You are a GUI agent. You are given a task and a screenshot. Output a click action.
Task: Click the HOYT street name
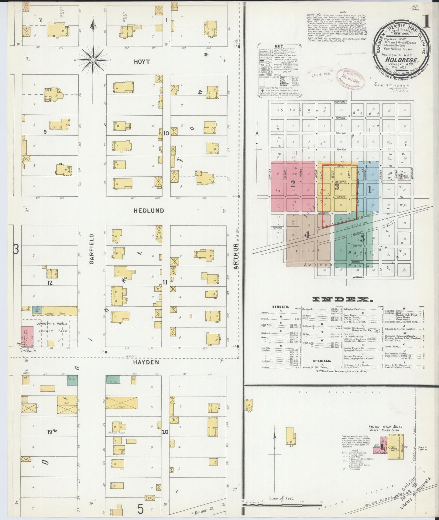point(142,62)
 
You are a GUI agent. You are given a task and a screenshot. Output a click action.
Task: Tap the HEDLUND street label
point(149,211)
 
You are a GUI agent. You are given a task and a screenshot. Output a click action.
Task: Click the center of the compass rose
point(93,60)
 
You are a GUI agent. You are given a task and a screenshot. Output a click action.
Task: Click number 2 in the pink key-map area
point(293,184)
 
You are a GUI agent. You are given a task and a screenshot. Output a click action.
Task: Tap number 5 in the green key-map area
point(362,239)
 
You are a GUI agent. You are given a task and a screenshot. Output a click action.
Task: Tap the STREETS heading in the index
point(281,307)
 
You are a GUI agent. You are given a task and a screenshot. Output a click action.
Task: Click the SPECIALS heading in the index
point(322,361)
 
